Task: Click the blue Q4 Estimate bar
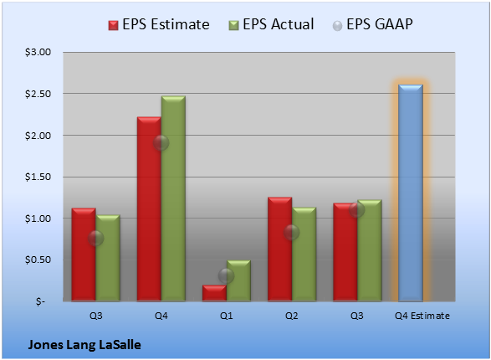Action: [411, 193]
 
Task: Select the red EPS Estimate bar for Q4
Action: [149, 209]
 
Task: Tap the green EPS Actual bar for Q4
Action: [173, 198]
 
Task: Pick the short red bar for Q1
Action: [214, 293]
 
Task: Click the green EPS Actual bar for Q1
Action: [238, 280]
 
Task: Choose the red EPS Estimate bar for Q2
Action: [280, 249]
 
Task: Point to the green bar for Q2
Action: [304, 255]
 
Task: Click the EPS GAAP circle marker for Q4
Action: [161, 143]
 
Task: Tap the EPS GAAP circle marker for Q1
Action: [226, 275]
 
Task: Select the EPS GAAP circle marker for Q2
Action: [292, 233]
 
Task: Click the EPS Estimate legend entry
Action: [159, 24]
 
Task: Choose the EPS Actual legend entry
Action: [272, 24]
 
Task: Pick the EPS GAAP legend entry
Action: [372, 24]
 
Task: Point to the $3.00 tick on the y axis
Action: [38, 52]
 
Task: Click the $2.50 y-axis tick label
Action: [38, 94]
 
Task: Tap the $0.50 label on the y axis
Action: [38, 260]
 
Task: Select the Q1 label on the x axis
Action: [227, 316]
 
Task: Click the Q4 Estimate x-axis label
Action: [422, 316]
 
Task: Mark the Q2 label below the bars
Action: [292, 316]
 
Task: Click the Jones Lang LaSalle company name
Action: [84, 345]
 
